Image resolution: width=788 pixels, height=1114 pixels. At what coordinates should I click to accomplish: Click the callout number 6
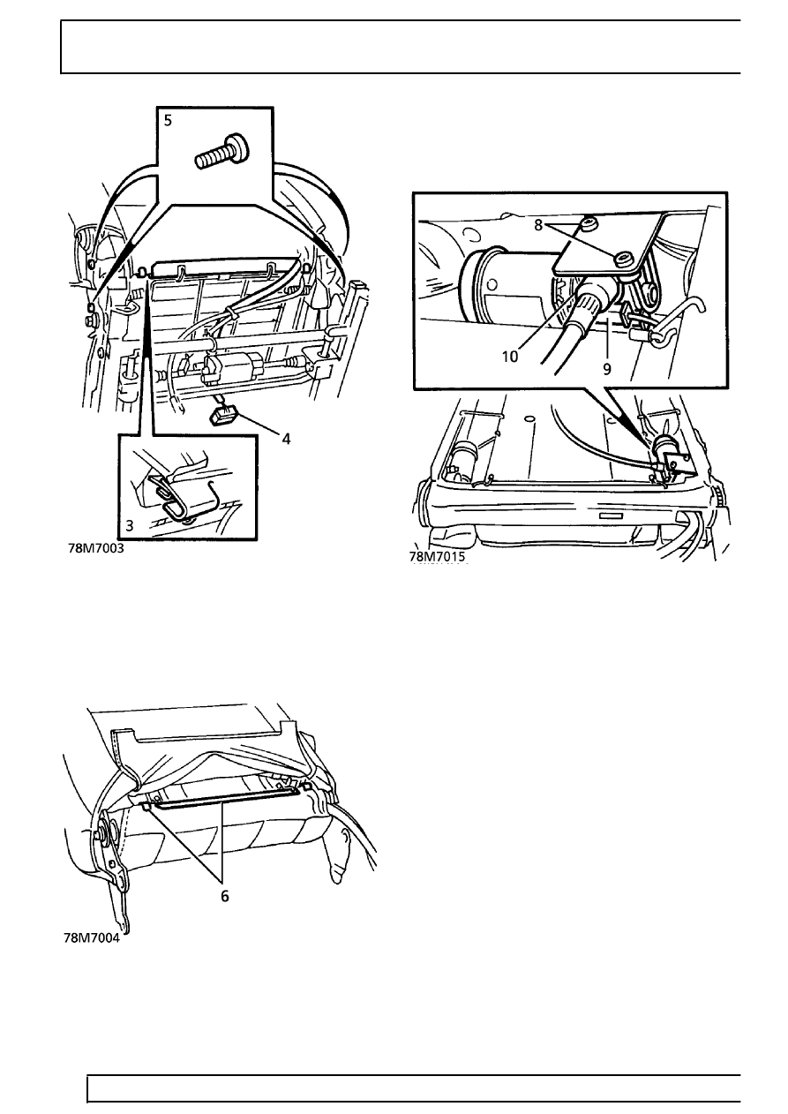pyautogui.click(x=224, y=894)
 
